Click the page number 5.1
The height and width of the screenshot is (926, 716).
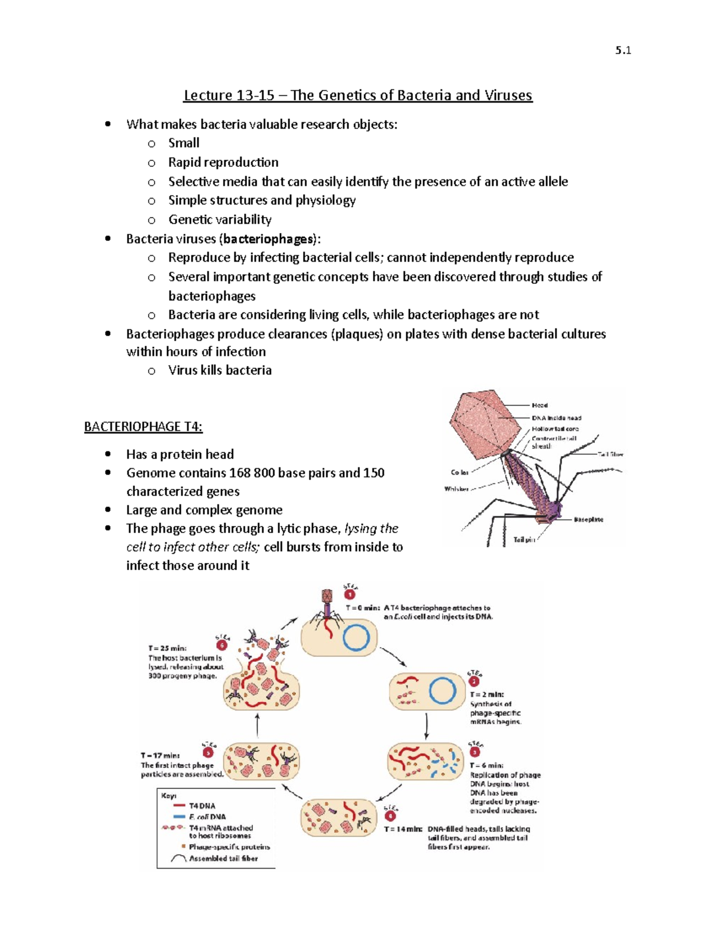(x=623, y=51)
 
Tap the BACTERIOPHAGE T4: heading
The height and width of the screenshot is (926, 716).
(x=143, y=427)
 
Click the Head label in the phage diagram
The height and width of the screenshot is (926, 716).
(x=539, y=405)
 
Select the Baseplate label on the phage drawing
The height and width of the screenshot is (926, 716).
(x=588, y=519)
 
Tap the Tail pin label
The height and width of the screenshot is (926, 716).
(x=524, y=540)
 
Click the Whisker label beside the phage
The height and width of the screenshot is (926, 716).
(x=456, y=489)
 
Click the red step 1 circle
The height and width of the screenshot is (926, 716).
(x=350, y=594)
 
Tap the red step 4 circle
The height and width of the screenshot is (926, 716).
(x=390, y=815)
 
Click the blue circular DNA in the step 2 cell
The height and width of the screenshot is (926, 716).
(x=443, y=692)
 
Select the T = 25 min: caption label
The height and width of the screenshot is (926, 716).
(x=167, y=648)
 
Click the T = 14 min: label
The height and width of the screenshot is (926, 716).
(x=403, y=829)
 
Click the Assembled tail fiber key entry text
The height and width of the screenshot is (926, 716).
(x=223, y=859)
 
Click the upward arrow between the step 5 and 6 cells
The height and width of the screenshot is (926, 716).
(x=257, y=726)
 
